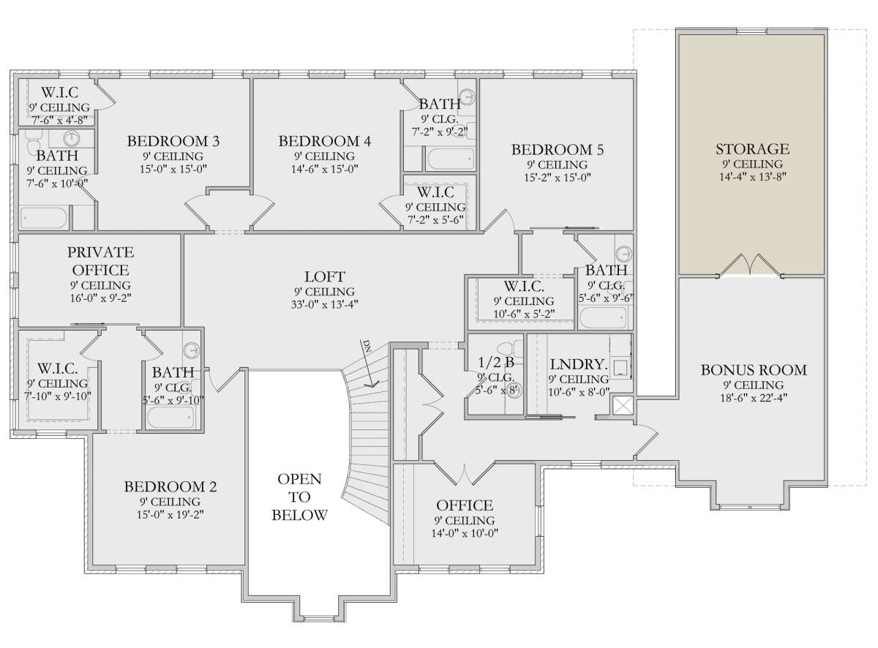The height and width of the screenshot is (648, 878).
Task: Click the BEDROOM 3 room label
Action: (x=173, y=141)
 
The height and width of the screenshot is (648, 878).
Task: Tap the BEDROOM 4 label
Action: (x=325, y=141)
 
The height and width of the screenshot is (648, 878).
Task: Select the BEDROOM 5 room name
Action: (x=558, y=150)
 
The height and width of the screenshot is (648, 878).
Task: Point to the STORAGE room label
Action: (x=752, y=149)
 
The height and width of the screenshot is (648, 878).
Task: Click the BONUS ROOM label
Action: (x=754, y=370)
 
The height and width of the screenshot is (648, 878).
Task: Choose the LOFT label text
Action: (x=325, y=276)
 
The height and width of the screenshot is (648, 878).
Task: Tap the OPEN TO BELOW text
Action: (x=299, y=497)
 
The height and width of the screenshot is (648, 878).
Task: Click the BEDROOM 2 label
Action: (x=170, y=487)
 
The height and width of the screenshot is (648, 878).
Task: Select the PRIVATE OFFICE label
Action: (x=100, y=261)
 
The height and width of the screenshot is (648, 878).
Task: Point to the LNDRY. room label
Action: (x=578, y=364)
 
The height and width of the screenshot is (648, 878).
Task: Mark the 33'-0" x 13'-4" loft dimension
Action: (x=325, y=304)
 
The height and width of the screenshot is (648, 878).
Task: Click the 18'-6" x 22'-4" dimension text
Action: (x=754, y=397)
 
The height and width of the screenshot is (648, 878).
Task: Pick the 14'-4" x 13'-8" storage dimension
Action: (x=752, y=176)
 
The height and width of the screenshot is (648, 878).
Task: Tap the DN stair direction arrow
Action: (x=369, y=362)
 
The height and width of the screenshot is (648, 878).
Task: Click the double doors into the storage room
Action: (x=751, y=265)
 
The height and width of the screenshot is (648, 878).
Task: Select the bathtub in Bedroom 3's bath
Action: (x=44, y=218)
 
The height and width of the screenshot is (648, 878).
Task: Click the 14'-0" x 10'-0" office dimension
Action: (x=465, y=533)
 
